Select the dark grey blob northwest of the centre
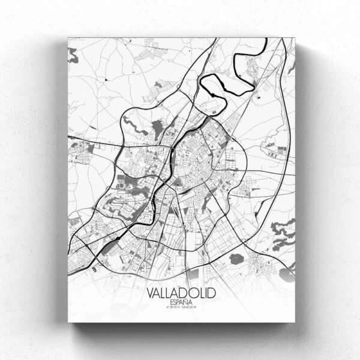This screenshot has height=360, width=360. point(157,128)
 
